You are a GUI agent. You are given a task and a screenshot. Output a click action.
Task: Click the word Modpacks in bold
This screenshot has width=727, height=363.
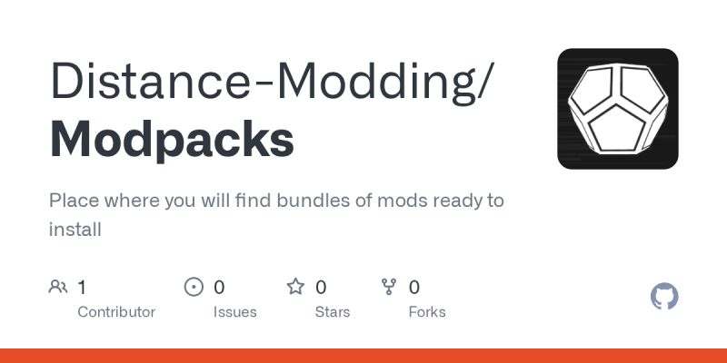click(172, 140)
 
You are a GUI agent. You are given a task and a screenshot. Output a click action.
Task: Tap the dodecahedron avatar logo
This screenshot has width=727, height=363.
click(618, 109)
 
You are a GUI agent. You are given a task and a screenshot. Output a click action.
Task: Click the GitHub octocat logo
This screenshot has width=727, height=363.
click(665, 297)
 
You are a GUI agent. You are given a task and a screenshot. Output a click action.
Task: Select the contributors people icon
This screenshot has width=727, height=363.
click(58, 288)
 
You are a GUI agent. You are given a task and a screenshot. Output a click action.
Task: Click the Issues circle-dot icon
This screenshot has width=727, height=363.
click(194, 288)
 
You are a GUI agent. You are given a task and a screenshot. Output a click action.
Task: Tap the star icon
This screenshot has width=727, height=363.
click(295, 288)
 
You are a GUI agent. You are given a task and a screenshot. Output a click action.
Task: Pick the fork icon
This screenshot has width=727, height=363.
click(389, 288)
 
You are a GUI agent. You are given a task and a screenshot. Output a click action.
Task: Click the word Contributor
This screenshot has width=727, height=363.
click(116, 312)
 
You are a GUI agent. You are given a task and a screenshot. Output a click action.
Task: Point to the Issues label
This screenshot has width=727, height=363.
click(234, 312)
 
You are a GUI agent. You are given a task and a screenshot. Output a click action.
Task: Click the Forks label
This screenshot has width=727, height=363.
click(427, 312)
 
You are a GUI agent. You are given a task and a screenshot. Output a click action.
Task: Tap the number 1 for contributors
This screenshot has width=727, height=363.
click(82, 288)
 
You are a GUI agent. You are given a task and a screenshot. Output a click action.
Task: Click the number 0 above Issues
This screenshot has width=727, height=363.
click(219, 288)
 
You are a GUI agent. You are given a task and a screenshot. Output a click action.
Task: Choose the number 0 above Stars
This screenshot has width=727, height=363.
click(321, 288)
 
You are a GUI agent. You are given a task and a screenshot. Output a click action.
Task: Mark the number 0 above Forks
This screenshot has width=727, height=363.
click(414, 288)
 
